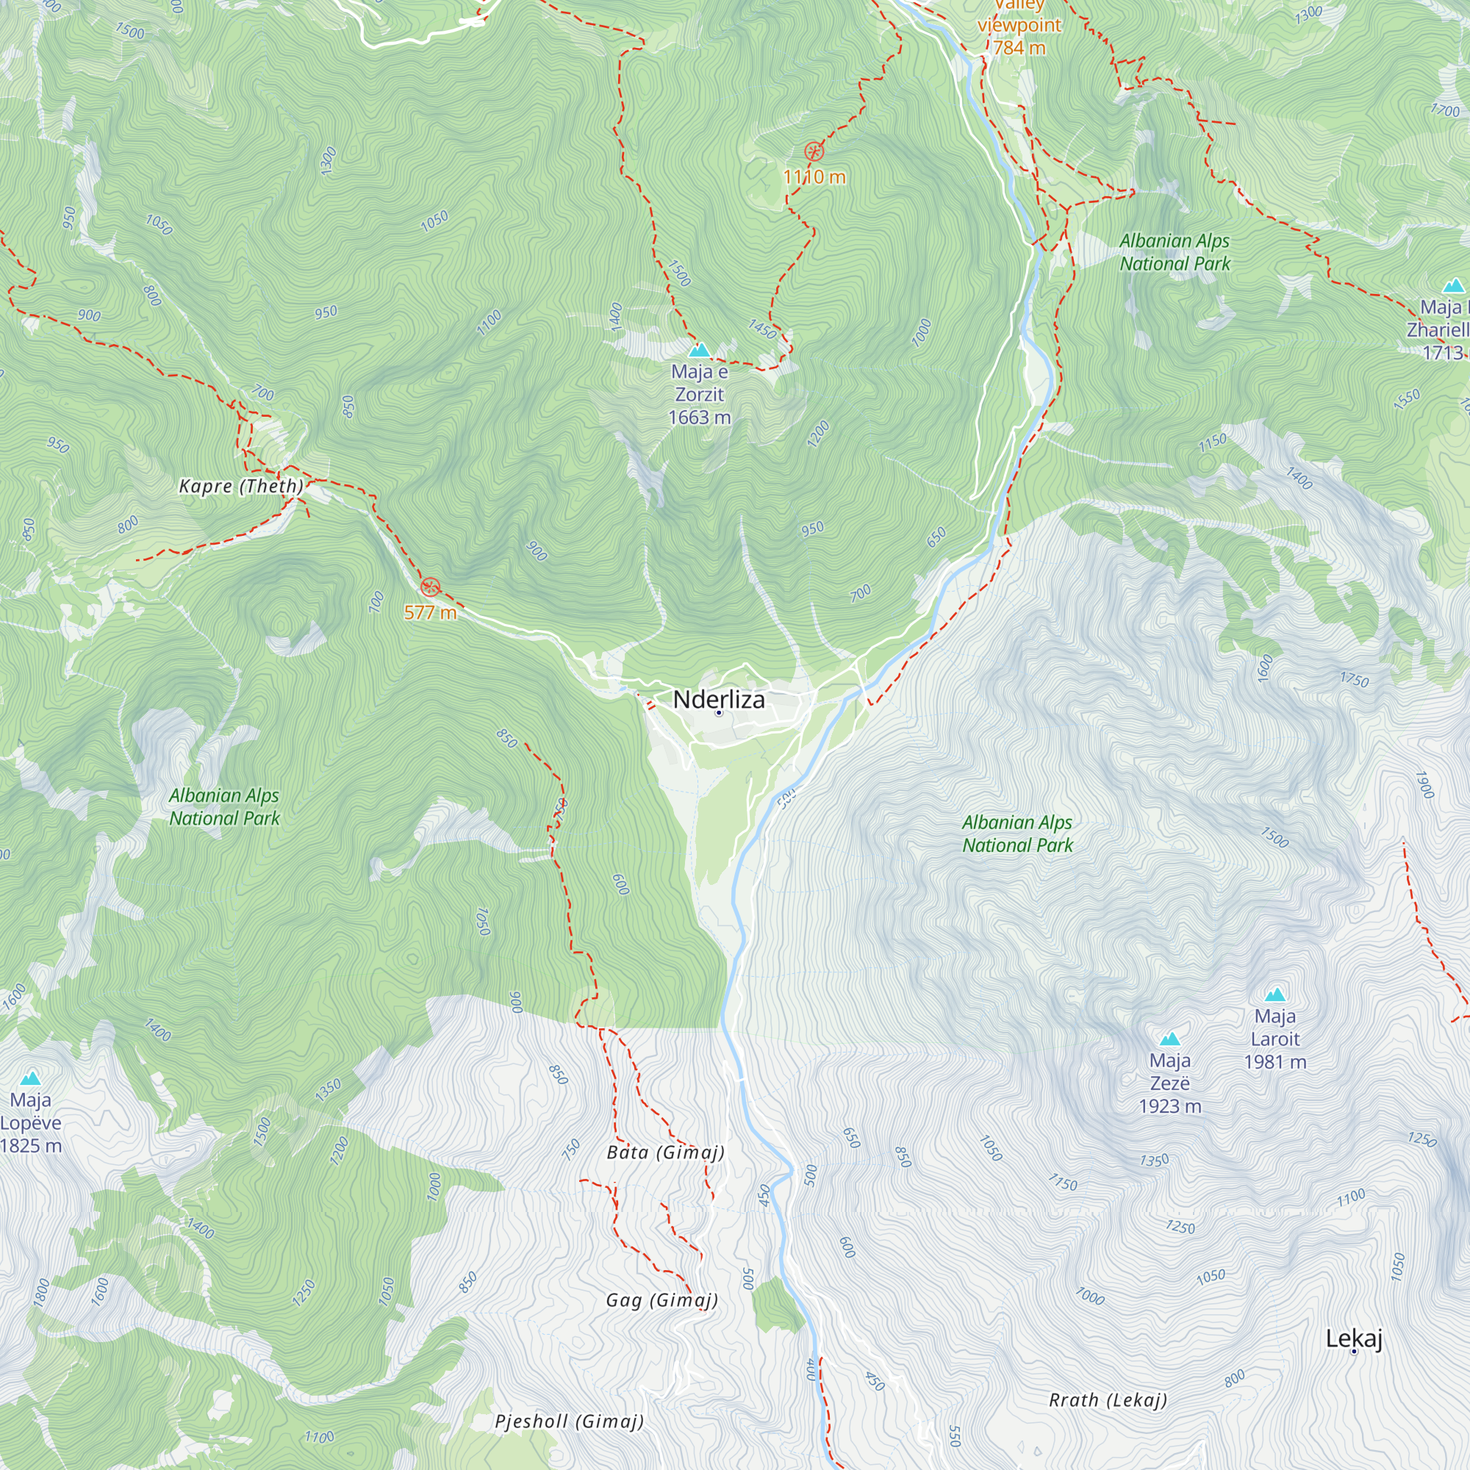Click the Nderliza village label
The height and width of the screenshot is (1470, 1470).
718,699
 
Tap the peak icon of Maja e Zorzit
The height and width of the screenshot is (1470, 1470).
698,351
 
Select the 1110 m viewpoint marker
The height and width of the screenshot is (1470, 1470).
814,151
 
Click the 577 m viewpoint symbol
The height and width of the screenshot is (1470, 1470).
430,587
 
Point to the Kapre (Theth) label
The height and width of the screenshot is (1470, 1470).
241,486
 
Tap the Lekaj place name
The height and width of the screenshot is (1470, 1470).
1354,1338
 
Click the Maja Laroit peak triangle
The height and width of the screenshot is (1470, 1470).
1274,994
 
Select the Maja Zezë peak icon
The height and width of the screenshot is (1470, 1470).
1169,1039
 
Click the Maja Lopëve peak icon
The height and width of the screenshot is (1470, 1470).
30,1078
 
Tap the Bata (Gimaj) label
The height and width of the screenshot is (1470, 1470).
665,1152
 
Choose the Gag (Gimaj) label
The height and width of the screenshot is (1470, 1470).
661,1300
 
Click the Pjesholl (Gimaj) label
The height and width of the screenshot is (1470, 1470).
569,1421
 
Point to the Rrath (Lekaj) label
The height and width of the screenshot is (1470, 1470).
1107,1400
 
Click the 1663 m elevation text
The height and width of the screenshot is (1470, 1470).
698,417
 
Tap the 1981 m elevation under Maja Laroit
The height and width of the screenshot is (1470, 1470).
1274,1062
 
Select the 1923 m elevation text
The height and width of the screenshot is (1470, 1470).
1169,1106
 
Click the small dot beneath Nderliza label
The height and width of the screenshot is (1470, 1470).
718,713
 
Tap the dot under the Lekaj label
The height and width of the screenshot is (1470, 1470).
1354,1352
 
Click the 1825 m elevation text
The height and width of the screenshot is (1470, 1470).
30,1146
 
